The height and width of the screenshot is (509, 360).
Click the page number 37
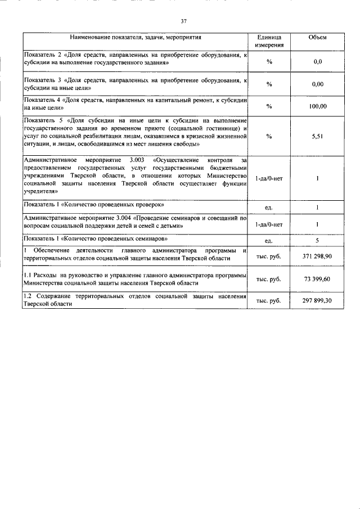pos(183,22)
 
